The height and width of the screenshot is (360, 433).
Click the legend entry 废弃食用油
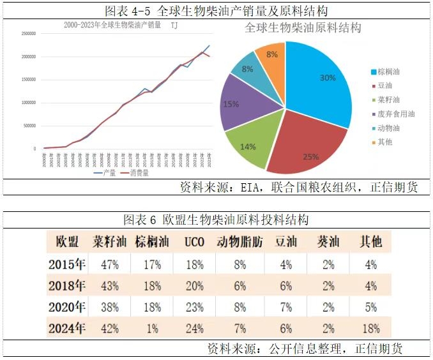point(395,114)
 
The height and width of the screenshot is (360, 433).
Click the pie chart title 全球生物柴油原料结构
point(303,28)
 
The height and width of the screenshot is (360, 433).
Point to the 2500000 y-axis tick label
point(27,34)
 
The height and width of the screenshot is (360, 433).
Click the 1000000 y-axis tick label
point(27,103)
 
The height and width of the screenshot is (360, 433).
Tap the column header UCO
point(194,242)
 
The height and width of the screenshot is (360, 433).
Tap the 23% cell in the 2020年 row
point(194,307)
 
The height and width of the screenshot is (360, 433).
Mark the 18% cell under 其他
point(370,329)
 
